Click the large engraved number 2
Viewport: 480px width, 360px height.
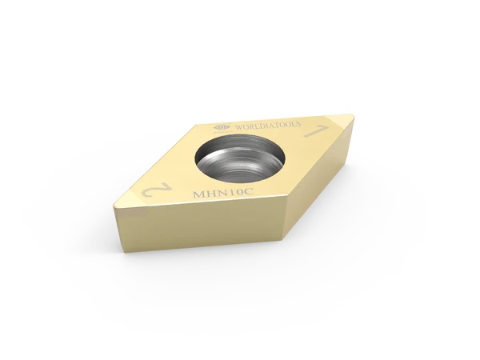pyautogui.click(x=152, y=191)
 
